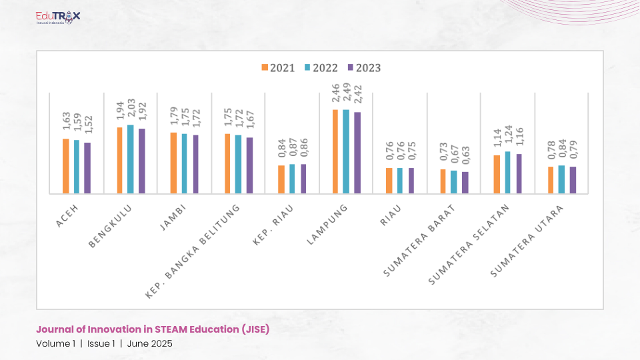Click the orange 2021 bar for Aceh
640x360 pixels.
66,166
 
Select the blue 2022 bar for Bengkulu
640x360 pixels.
131,159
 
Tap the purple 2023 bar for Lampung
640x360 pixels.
357,153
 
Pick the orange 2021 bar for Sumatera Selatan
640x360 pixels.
497,174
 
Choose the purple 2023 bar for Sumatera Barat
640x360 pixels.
465,183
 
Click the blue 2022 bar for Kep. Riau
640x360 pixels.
292,179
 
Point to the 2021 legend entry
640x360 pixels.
279,67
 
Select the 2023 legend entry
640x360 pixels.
365,67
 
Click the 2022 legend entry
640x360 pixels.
321,67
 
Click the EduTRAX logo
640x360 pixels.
58,16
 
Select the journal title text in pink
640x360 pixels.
153,329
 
